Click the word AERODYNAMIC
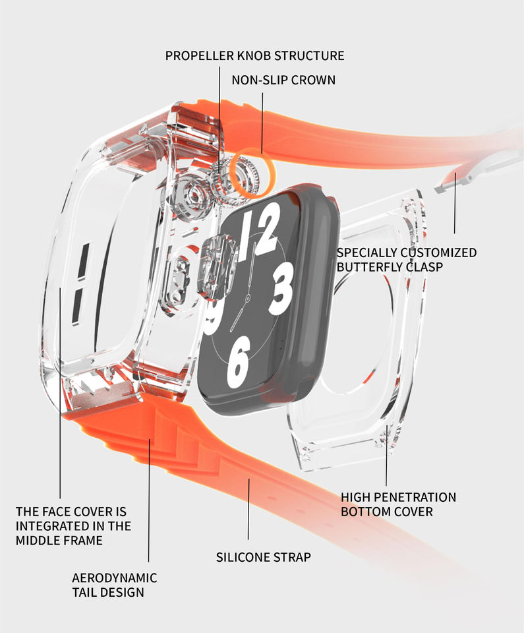coord(115,578)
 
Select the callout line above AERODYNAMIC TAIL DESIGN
coord(148,495)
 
